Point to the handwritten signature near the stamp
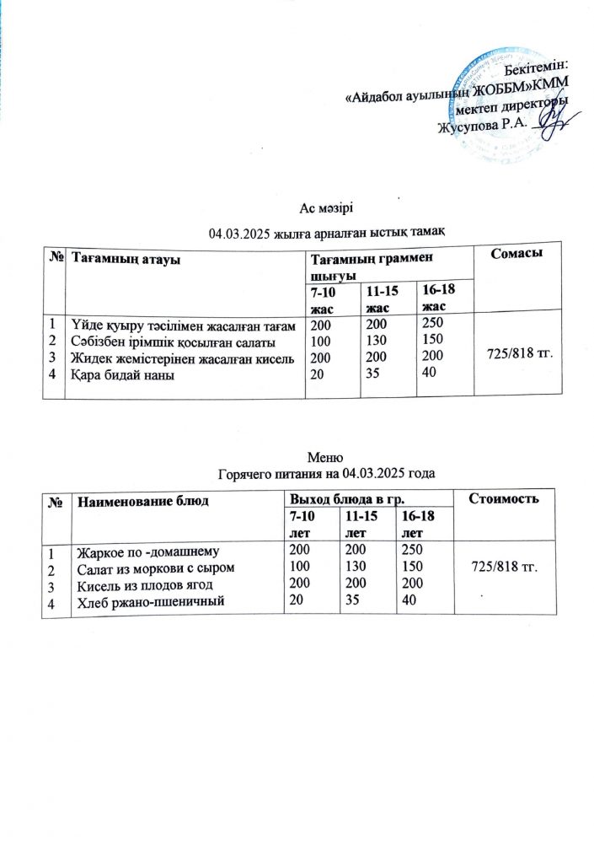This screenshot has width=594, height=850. [x=552, y=123]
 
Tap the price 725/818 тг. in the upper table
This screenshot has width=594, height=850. [x=519, y=349]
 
